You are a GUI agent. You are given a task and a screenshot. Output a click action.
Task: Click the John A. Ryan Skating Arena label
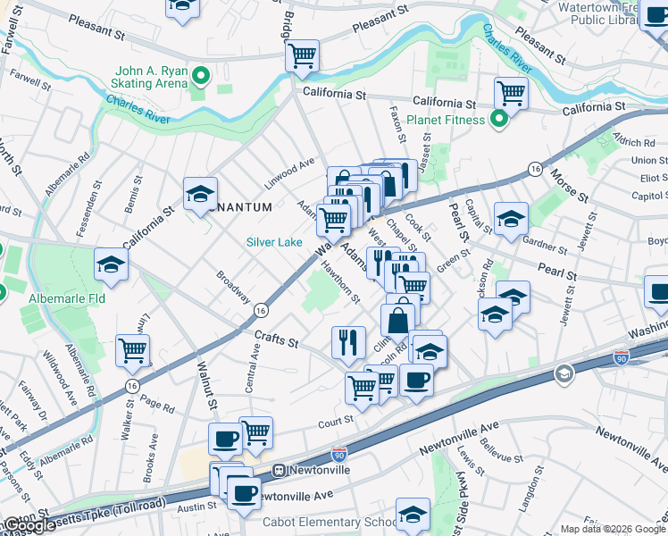pyautogui.click(x=149, y=78)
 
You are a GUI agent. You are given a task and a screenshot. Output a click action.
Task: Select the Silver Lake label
pyautogui.click(x=274, y=242)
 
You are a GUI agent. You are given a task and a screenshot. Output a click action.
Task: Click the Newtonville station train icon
pyautogui.click(x=279, y=469)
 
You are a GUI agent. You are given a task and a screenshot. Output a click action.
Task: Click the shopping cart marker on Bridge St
pyautogui.click(x=302, y=57)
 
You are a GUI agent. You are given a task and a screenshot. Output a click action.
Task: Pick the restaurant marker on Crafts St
pyautogui.click(x=347, y=342)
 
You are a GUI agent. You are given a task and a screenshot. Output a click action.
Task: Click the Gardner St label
pyautogui.click(x=546, y=242)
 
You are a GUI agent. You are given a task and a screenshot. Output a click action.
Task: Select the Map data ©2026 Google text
pyautogui.click(x=613, y=529)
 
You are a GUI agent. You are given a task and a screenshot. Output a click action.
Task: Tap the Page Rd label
pyautogui.click(x=157, y=406)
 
